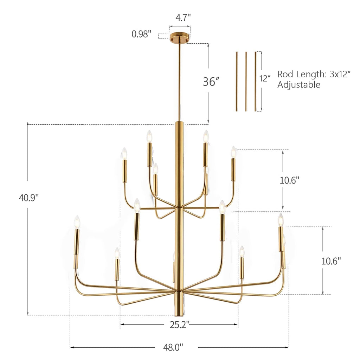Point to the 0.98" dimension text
tap(142, 34)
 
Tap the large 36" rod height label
tap(211, 82)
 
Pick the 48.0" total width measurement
tap(173, 347)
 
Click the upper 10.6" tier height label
tap(289, 180)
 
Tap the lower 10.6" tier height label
tap(331, 261)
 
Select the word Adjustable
tap(299, 85)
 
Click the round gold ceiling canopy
tap(180, 37)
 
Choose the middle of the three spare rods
tap(246, 82)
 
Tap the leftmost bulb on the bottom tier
tap(77, 222)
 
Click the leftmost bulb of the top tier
tap(124, 153)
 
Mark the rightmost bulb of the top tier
tap(233, 152)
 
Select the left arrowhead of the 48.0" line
tap(72, 347)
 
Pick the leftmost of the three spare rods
tap(237, 82)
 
